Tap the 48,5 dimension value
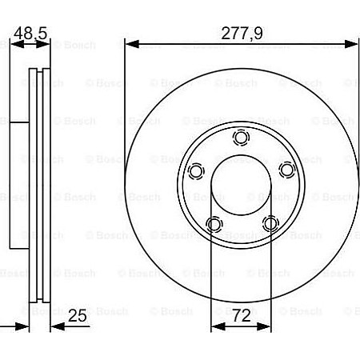pyautogui.click(x=31, y=33)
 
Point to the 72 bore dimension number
pyautogui.click(x=241, y=315)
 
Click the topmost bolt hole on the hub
pyautogui.click(x=240, y=137)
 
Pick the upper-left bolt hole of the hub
pyautogui.click(x=194, y=170)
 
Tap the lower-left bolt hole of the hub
pyautogui.click(x=212, y=223)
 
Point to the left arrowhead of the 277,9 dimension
pyautogui.click(x=130, y=44)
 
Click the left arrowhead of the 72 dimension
pyautogui.click(x=214, y=327)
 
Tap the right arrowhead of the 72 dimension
pyautogui.click(x=266, y=327)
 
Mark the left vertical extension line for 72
pyautogui.click(x=210, y=280)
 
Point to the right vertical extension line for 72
pyautogui.click(x=270, y=280)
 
